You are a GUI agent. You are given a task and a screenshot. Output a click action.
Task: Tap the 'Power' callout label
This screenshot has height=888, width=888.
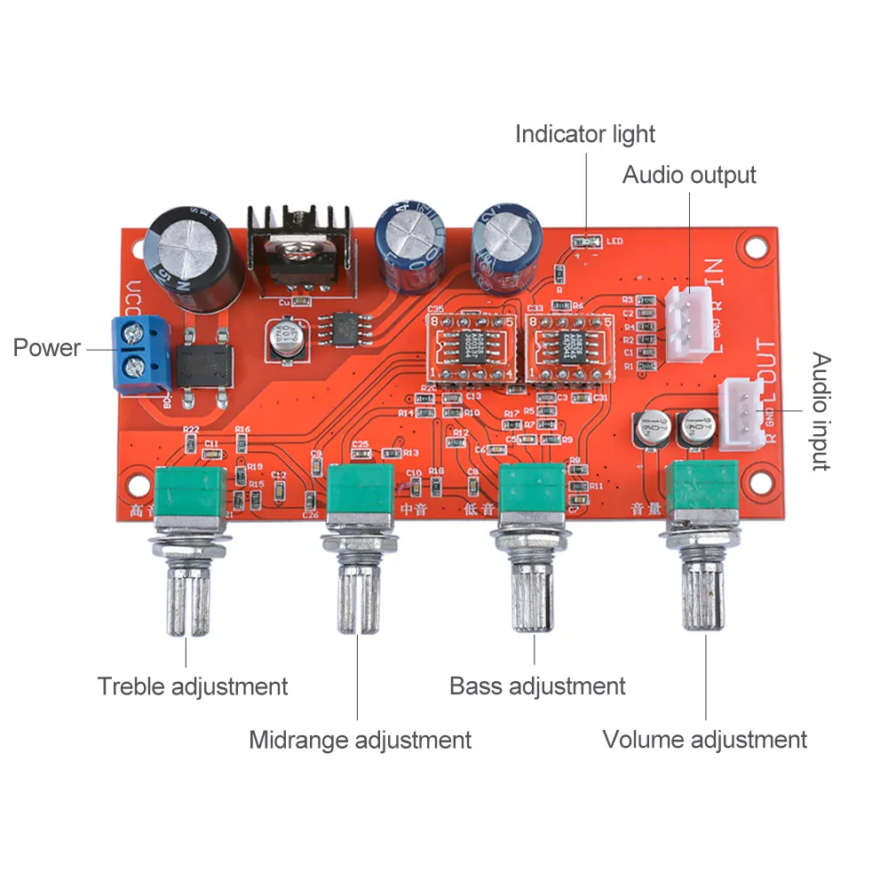[46, 347]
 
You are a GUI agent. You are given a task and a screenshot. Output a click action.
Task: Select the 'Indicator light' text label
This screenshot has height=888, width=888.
[585, 134]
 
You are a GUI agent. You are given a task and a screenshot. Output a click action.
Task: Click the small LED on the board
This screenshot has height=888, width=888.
[586, 240]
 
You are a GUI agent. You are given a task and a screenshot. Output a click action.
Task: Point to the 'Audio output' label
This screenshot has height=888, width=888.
[689, 175]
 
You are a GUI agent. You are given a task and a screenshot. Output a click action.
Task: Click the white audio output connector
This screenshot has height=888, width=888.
[686, 321]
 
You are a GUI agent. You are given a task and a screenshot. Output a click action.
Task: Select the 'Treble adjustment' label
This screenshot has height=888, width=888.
[193, 686]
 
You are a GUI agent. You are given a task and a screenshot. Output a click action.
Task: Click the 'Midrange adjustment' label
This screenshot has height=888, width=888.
[360, 740]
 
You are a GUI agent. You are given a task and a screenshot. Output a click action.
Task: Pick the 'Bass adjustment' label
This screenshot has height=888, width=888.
[537, 686]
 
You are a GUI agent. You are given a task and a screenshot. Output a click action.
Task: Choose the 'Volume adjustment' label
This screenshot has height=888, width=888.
[705, 740]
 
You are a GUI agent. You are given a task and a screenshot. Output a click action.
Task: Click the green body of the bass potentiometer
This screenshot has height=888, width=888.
[532, 496]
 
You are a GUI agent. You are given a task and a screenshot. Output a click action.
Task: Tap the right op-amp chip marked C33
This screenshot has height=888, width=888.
[568, 345]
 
